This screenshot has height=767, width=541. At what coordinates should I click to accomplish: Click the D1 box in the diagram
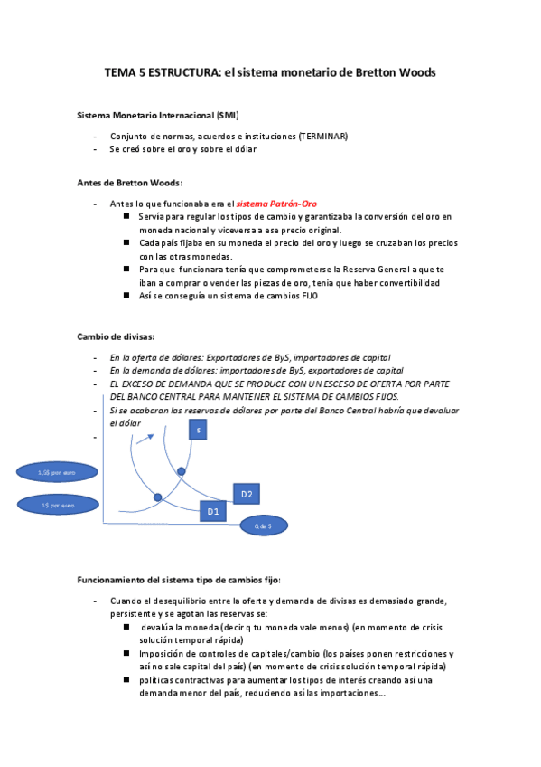(213, 511)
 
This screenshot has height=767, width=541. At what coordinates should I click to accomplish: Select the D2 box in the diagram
(247, 493)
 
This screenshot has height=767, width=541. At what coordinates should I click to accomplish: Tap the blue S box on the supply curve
(199, 431)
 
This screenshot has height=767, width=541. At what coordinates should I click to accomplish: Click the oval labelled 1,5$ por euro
(56, 472)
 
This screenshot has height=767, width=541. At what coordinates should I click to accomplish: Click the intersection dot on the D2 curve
(181, 471)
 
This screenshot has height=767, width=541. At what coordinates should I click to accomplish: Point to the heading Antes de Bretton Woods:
(130, 182)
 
